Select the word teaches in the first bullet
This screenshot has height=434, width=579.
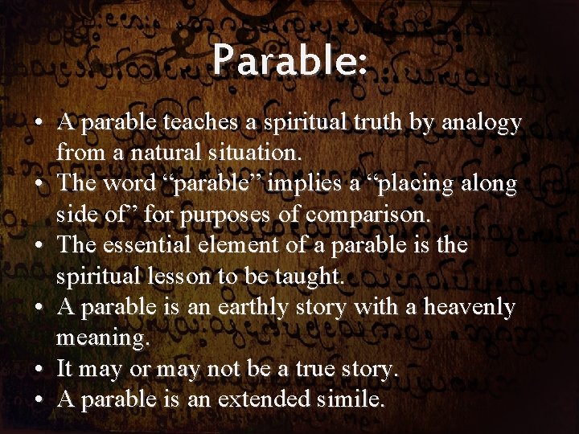click(199, 123)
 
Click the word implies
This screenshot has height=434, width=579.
click(302, 184)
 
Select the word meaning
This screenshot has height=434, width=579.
click(102, 338)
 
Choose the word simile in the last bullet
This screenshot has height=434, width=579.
click(350, 399)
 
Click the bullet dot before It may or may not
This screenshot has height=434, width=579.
click(39, 369)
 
